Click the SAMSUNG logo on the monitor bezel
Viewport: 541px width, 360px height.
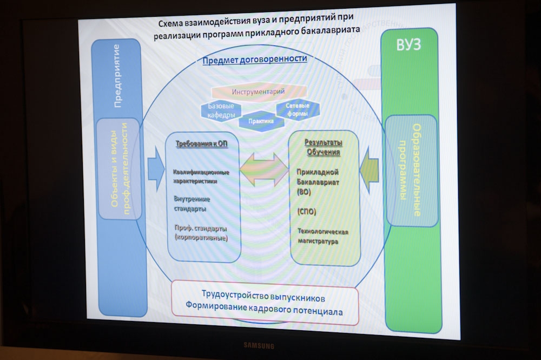pos(258,345)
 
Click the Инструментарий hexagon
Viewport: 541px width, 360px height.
pos(258,92)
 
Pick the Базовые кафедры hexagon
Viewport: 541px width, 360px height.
pos(221,111)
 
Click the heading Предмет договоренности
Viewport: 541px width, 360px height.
pos(255,59)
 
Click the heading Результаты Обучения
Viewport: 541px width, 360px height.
pos(324,147)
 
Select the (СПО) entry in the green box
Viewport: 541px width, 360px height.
pos(306,210)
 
